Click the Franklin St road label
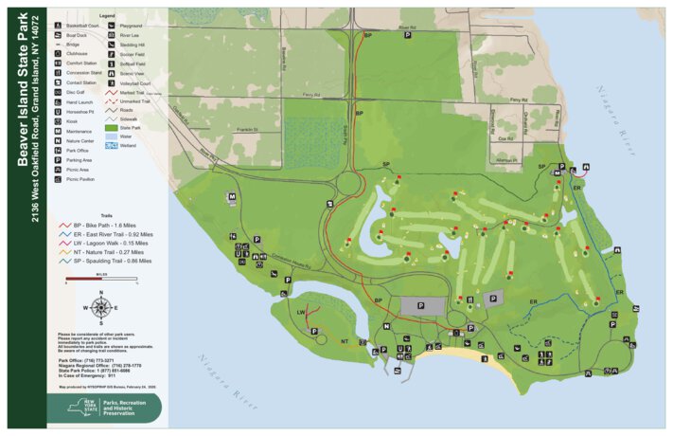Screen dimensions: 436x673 [x=249, y=129]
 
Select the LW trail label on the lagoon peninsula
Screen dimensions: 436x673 [x=300, y=311]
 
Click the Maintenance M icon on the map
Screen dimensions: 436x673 [x=231, y=197]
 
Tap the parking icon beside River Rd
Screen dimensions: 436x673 [x=408, y=34]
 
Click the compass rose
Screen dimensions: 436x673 [x=101, y=306]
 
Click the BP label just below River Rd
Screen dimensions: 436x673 [x=367, y=35]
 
